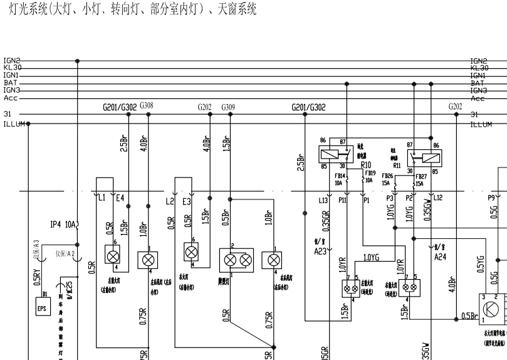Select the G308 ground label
(147, 107)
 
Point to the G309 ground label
(228, 107)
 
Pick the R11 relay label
(397, 166)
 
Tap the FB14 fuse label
(340, 179)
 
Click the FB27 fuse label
(419, 179)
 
